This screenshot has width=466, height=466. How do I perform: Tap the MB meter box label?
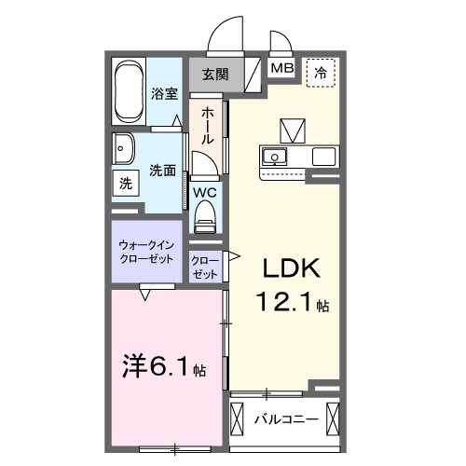click(x=281, y=69)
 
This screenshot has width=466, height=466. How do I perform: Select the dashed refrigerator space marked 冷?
click(x=322, y=71)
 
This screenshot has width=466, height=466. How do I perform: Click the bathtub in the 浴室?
click(x=130, y=92)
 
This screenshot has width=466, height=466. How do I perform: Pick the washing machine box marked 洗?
click(x=125, y=184)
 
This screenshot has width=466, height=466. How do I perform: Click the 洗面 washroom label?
click(x=163, y=171)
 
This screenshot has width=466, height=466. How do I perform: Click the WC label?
click(x=205, y=193)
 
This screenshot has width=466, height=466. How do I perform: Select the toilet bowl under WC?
click(x=205, y=218)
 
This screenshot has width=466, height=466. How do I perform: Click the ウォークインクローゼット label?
click(x=146, y=252)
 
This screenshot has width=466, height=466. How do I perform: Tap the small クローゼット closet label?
click(x=205, y=267)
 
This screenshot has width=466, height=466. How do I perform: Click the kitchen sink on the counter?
click(x=276, y=155)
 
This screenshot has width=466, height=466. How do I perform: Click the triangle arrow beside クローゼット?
click(x=233, y=254)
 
